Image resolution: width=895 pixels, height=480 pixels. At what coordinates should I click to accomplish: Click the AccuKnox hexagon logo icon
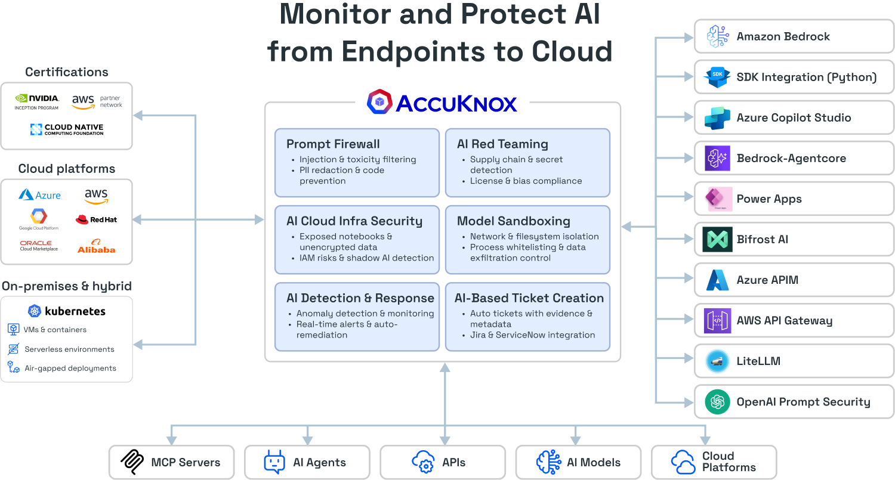(x=379, y=102)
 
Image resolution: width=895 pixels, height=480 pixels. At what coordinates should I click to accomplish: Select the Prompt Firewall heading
(x=333, y=144)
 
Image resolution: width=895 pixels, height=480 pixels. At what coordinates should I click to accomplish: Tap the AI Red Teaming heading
(x=502, y=144)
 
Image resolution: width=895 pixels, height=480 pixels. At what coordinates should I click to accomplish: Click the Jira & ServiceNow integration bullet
(x=532, y=335)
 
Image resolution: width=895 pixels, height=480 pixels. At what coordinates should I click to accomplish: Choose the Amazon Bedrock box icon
(x=717, y=36)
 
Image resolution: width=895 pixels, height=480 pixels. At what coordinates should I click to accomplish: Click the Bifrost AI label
(x=762, y=240)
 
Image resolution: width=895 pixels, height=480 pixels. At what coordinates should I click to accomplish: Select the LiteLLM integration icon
(x=717, y=361)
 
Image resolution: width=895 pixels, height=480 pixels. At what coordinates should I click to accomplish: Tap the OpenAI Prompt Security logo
(x=717, y=402)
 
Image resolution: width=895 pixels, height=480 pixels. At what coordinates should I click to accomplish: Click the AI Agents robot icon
(x=274, y=462)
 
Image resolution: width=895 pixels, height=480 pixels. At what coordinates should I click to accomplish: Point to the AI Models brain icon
(x=548, y=462)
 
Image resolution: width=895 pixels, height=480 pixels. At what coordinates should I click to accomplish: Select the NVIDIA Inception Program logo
(x=37, y=101)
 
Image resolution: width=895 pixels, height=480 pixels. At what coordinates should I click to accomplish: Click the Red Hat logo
(x=96, y=219)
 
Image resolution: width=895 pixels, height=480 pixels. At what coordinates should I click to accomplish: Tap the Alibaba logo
(x=96, y=246)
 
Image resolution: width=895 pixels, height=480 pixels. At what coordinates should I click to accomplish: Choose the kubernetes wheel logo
(x=35, y=311)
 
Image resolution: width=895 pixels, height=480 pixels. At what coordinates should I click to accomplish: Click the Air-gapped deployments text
(x=70, y=368)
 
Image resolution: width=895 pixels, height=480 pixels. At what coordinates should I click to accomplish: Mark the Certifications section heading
(x=67, y=72)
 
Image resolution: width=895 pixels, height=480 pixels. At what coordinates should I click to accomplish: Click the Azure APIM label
(x=767, y=280)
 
